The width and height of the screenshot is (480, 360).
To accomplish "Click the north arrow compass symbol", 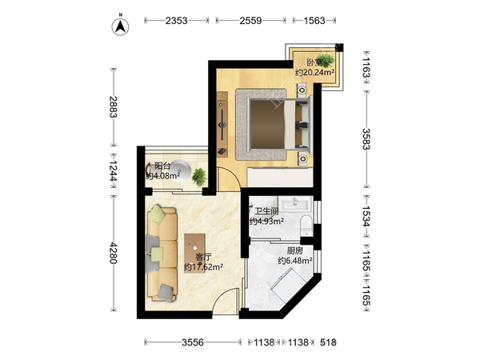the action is (121, 26).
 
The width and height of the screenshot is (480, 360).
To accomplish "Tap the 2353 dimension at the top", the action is (176, 21).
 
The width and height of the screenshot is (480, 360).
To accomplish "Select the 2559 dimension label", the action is (250, 21).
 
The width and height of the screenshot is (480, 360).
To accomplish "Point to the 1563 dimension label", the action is (314, 21).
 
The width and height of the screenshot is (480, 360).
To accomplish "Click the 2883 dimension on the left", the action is (114, 107).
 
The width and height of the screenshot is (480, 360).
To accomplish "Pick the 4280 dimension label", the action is (114, 253).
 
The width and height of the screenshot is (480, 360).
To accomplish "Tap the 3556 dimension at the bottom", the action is (193, 342).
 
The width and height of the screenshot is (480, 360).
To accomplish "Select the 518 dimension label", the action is (328, 342).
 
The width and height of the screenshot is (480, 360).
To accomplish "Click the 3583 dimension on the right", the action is (366, 138).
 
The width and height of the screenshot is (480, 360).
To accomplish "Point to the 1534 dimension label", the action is (366, 216).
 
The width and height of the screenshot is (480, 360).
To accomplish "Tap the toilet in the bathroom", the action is (306, 225).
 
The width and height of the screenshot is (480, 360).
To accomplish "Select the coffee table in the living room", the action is (194, 253).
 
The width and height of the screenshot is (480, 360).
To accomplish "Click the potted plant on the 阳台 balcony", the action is (199, 177).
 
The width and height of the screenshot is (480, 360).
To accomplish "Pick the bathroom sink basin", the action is (296, 203).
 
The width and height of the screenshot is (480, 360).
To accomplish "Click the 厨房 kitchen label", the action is (295, 251).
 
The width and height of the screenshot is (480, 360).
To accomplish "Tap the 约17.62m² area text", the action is (203, 267).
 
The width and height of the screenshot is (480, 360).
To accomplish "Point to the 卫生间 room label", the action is (266, 211).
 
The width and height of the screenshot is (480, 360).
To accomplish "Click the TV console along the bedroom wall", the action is (222, 124).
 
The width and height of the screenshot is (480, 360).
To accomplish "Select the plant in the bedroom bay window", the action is (325, 60).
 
